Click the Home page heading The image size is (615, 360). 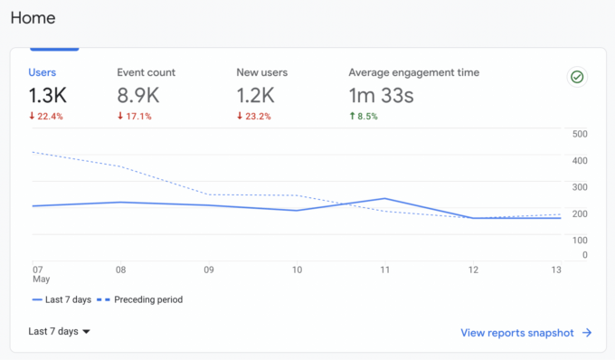click(33, 17)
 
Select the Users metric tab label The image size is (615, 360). click(43, 72)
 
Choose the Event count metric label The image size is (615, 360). click(146, 72)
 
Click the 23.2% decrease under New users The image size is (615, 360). click(256, 117)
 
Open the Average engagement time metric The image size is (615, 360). click(413, 72)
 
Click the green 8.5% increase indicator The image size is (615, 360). click(364, 117)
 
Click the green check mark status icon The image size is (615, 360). click(576, 77)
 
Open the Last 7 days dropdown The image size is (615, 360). click(60, 332)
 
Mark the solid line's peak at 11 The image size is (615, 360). click(384, 198)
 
